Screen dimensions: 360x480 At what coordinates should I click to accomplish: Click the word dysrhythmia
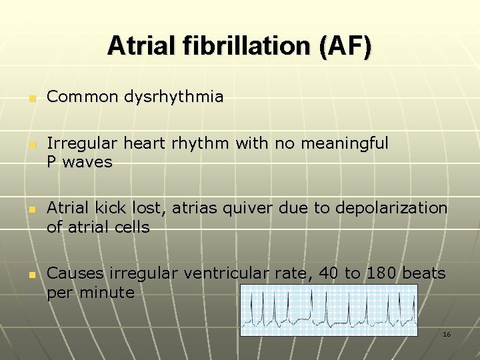(x=177, y=97)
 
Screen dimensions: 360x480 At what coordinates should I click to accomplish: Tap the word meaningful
(x=345, y=143)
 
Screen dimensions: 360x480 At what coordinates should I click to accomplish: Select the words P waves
(x=79, y=162)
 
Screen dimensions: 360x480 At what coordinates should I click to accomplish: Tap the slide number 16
(x=447, y=334)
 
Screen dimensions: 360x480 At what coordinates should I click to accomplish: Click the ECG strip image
(x=328, y=310)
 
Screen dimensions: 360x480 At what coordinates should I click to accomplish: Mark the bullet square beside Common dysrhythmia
(x=31, y=99)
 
